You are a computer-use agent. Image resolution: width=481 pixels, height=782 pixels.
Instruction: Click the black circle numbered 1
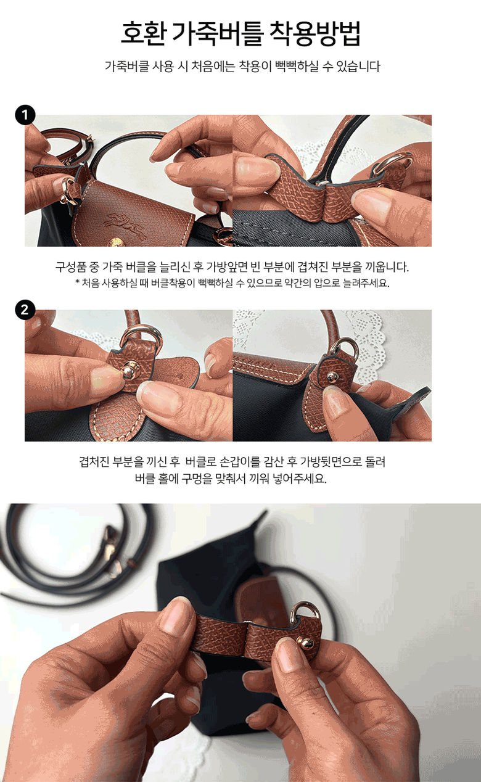[x=25, y=115]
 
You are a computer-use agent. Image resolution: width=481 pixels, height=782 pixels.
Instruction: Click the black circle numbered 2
[x=25, y=310]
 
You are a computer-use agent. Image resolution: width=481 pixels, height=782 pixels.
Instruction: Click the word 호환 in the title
[x=142, y=33]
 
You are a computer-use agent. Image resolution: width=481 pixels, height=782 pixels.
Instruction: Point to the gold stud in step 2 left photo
[x=131, y=371]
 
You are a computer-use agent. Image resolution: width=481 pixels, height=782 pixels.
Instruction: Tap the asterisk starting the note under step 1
[x=77, y=281]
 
